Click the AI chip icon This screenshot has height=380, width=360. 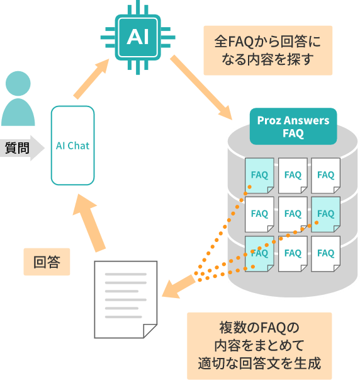tap(137, 37)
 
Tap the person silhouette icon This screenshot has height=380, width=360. tap(18, 101)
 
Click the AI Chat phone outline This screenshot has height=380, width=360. tap(72, 146)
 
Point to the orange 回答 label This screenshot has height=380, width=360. tap(47, 262)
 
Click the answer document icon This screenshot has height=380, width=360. tap(125, 299)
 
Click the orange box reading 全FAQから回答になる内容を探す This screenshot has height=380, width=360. tap(267, 50)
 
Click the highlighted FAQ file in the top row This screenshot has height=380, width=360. tap(259, 175)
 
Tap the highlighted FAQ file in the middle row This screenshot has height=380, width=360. tap(325, 214)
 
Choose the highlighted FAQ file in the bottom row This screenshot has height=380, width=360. tap(259, 253)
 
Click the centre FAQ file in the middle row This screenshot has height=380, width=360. tap(293, 214)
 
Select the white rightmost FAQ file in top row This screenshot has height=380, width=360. tap(325, 175)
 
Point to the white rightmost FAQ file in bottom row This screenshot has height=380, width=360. tap(325, 253)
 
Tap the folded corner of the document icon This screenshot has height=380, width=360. tap(149, 330)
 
